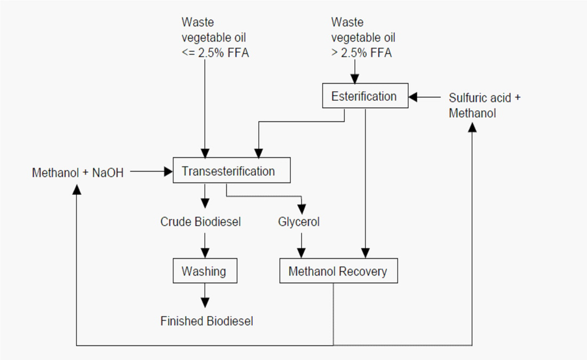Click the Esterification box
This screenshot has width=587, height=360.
pos(364,97)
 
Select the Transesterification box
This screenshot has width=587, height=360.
pos(232,171)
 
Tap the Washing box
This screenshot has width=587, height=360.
pos(204,271)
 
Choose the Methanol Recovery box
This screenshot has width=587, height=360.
pos(338,271)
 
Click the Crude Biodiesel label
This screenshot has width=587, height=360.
pos(200,222)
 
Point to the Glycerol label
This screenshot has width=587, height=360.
pos(299,222)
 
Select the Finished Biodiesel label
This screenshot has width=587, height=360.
pos(207,321)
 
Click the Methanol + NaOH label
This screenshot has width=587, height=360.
pos(78,172)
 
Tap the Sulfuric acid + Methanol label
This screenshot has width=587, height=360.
pos(484,105)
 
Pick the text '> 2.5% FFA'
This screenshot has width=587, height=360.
pos(361,53)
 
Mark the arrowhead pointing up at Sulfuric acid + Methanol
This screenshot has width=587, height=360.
pos(473,127)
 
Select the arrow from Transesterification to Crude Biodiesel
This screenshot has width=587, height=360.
pos(204,197)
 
